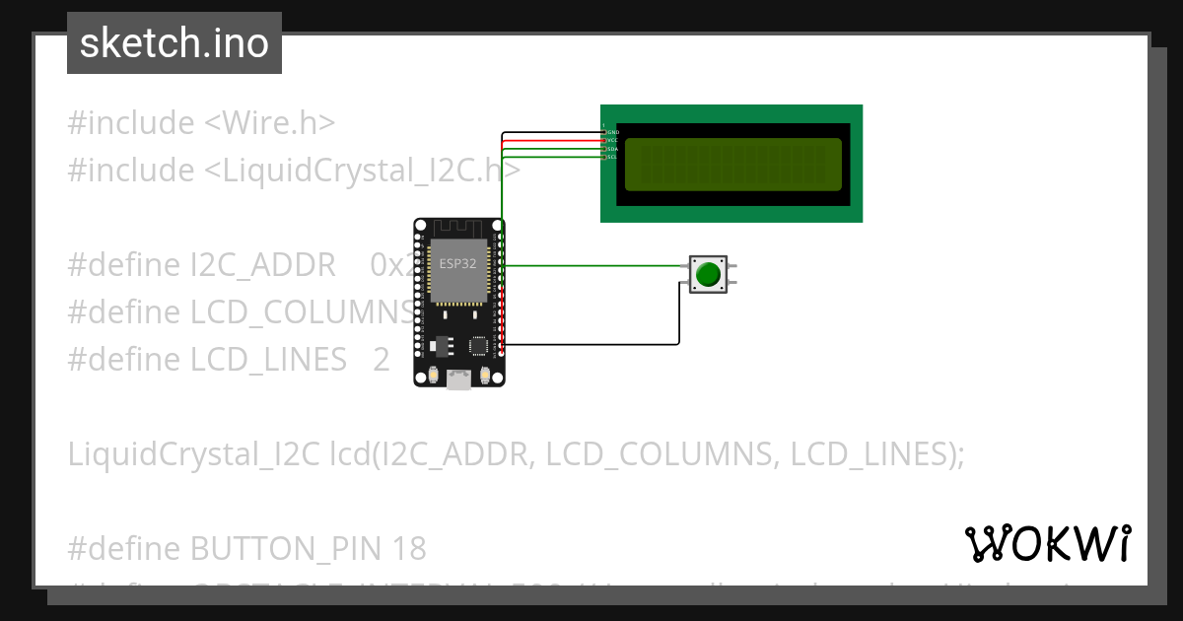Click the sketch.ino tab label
pyautogui.click(x=174, y=43)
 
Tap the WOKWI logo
pyautogui.click(x=1047, y=543)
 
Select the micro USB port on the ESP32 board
pyautogui.click(x=458, y=378)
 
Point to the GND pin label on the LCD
pyautogui.click(x=612, y=132)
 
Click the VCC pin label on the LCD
pyautogui.click(x=612, y=140)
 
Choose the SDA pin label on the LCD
pyautogui.click(x=612, y=149)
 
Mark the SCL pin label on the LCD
pyautogui.click(x=612, y=157)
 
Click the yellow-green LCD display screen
pyautogui.click(x=732, y=165)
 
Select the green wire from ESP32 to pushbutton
pyautogui.click(x=591, y=265)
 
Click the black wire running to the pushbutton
pyautogui.click(x=591, y=344)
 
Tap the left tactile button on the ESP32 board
pyautogui.click(x=434, y=376)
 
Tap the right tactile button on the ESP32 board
pyautogui.click(x=484, y=376)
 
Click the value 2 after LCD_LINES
pyautogui.click(x=382, y=360)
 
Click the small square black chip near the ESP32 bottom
pyautogui.click(x=479, y=346)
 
